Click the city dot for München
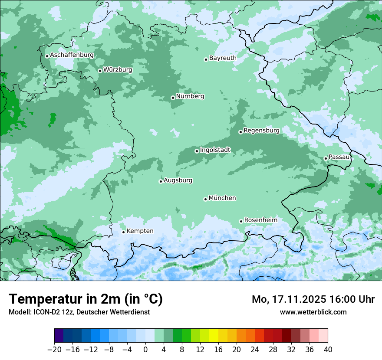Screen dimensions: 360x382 205,199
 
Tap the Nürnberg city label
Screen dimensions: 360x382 190,96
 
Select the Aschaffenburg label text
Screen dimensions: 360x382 72,55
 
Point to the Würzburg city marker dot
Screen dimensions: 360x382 100,71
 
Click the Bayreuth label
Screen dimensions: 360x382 223,58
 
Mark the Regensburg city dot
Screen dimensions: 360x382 240,132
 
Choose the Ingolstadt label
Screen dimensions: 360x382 215,150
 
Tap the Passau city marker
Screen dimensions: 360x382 326,158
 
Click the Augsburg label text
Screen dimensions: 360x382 178,180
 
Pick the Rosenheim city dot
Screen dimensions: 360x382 241,221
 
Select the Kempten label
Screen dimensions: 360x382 140,231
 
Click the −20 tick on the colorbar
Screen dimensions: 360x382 55,349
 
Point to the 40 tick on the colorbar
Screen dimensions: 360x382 328,349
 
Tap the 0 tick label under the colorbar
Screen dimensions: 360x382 145,349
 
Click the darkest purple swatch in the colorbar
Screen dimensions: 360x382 59,336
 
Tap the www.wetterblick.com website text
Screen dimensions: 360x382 313,312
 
